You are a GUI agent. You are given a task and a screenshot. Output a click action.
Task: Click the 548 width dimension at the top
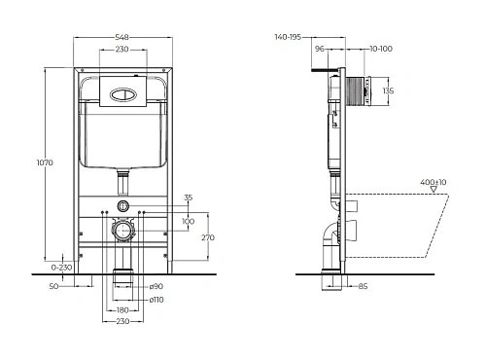click(x=122, y=38)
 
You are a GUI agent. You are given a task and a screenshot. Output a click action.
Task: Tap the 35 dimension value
click(x=188, y=198)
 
